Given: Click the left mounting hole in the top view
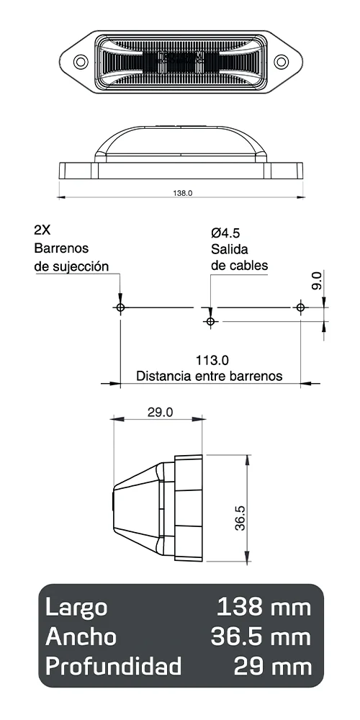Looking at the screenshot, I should tap(81, 62).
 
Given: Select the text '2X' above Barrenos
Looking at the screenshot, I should tap(42, 231).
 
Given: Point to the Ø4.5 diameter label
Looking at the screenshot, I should tap(225, 233).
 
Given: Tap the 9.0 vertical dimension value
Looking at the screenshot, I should tap(318, 281).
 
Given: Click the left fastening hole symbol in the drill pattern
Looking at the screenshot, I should tap(120, 307).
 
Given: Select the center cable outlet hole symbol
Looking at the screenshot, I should tap(210, 321).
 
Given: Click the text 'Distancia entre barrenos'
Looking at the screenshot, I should tap(210, 376).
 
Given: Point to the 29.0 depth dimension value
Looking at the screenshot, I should tap(160, 413).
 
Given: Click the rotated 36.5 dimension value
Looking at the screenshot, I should tap(240, 517).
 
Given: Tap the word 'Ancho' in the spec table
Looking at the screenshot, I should tap(81, 636).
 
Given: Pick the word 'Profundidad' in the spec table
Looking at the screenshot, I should tap(113, 667).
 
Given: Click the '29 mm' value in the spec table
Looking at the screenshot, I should tap(273, 667).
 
